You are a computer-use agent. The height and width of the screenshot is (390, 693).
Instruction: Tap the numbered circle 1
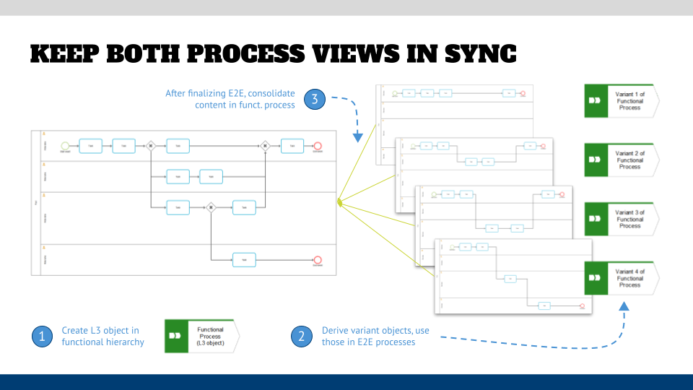(41, 336)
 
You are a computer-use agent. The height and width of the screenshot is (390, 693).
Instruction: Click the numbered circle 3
(313, 99)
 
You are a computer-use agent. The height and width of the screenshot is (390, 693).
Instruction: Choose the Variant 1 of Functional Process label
(629, 99)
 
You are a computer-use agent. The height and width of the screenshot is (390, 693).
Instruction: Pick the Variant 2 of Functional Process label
(629, 160)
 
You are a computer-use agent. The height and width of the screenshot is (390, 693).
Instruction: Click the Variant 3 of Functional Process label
(629, 219)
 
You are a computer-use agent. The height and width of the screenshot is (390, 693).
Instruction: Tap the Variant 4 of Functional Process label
(629, 278)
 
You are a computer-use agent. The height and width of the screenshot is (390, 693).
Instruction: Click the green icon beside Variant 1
(594, 100)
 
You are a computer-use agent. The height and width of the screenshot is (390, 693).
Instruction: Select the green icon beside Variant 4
(594, 278)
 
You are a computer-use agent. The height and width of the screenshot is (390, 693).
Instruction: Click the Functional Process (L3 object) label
(210, 336)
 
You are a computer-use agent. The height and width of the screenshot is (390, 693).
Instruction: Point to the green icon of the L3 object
(175, 336)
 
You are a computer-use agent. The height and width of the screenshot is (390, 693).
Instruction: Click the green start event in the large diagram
(65, 145)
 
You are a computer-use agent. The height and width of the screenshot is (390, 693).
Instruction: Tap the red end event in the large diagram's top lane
(318, 145)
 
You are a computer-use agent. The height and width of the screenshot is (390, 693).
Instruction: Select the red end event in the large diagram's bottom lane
(318, 259)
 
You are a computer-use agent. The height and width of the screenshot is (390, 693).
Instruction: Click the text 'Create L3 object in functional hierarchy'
(103, 336)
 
